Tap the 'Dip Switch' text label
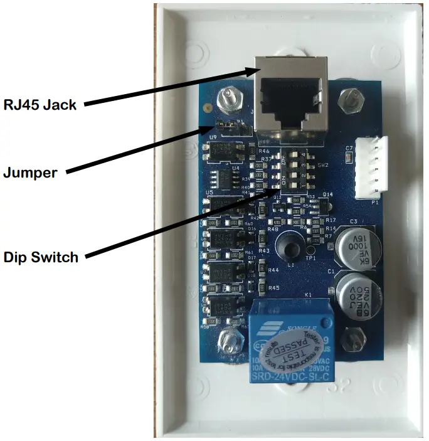pyautogui.click(x=41, y=257)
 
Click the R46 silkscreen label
pyautogui.click(x=264, y=151)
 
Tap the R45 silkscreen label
pyautogui.click(x=273, y=288)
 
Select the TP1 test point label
pyautogui.click(x=310, y=257)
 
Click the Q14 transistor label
pyautogui.click(x=327, y=195)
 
